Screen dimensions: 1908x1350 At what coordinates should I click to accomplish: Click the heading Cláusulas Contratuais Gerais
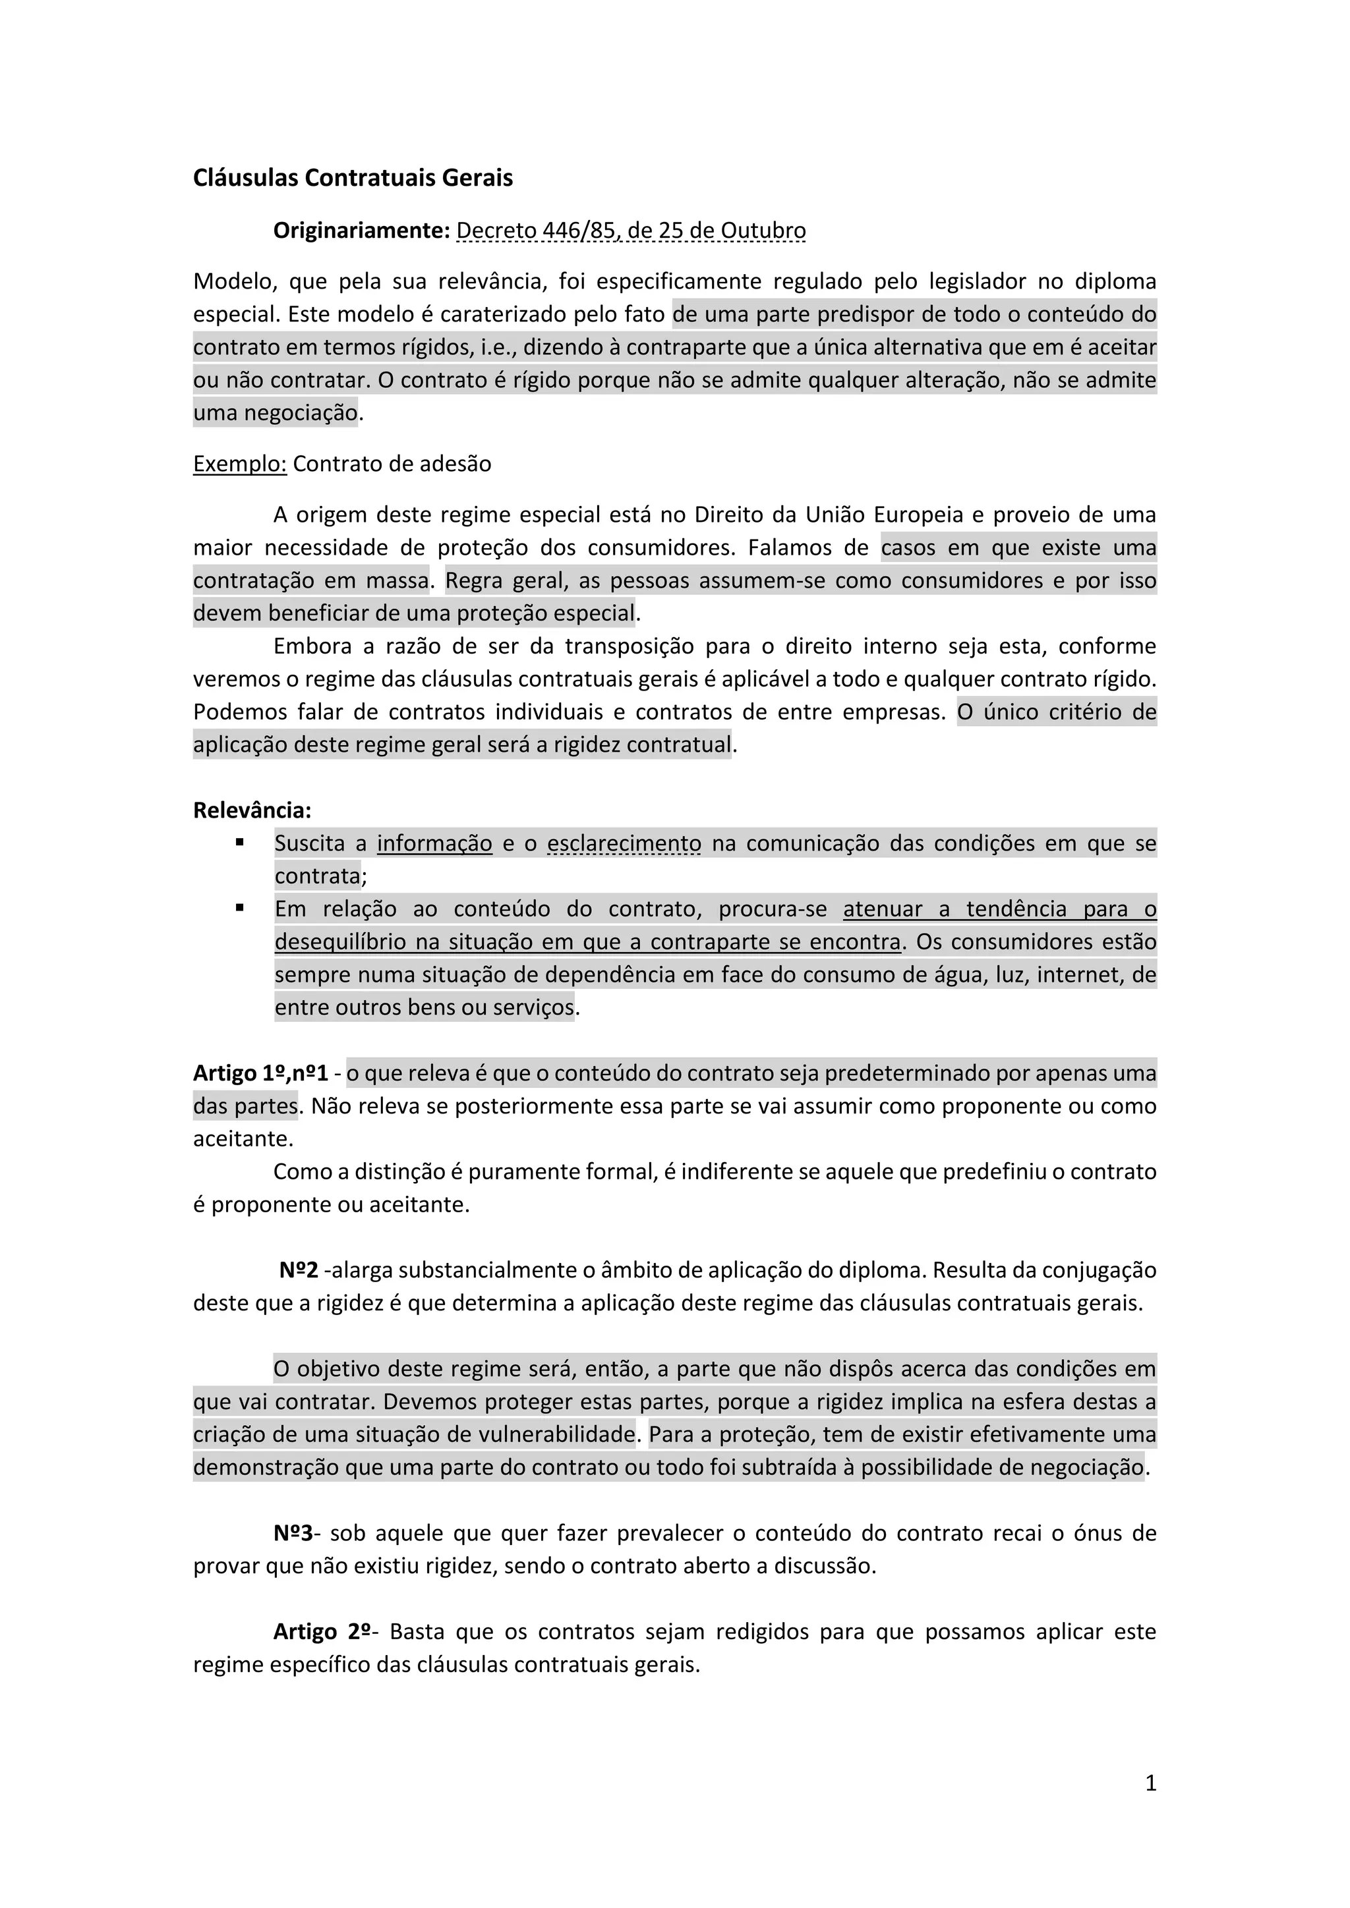point(353,178)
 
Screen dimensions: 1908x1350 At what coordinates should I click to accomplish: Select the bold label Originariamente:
point(362,230)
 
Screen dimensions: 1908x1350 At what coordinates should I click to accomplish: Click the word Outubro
point(763,230)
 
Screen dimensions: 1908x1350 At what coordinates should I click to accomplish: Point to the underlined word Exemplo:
point(239,464)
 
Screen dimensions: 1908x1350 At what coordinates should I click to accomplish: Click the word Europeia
point(917,515)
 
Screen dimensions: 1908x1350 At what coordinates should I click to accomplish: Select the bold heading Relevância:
point(252,810)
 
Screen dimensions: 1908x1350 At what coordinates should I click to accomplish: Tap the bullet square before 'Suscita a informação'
point(239,842)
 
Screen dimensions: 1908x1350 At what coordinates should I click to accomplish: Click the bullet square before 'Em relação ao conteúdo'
point(239,907)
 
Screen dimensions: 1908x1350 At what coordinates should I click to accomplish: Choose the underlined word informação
point(435,843)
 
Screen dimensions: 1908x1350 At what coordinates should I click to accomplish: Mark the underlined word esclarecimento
point(624,843)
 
